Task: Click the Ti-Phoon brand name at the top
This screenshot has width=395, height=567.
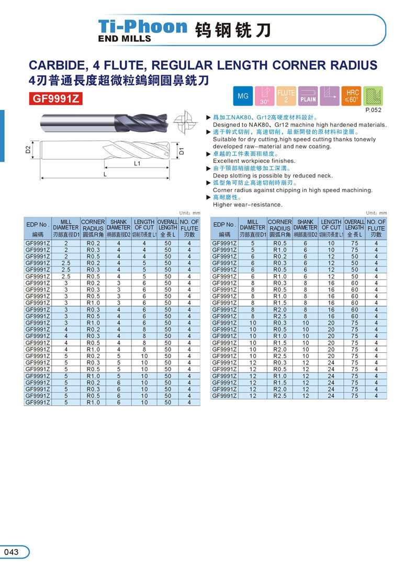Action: [142, 27]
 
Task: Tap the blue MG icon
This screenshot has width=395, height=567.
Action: [243, 96]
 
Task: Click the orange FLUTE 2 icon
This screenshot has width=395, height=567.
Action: [286, 96]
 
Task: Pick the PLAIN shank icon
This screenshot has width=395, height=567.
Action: [308, 96]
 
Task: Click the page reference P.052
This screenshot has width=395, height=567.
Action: [373, 110]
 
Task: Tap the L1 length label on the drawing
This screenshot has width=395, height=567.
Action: [138, 163]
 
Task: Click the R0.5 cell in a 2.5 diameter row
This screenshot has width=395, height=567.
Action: [94, 276]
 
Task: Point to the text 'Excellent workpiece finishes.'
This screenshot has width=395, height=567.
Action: [254, 161]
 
